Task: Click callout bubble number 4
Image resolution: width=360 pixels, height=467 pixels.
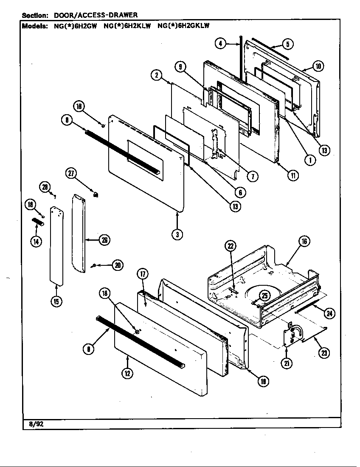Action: [220, 43]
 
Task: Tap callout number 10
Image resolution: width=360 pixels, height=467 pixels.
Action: [318, 66]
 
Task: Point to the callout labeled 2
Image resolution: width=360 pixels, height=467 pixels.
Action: [157, 76]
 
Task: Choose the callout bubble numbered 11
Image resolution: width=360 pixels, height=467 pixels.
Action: [292, 175]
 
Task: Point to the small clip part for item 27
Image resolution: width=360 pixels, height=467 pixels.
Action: [96, 194]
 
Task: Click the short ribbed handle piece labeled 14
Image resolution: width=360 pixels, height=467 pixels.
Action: [38, 222]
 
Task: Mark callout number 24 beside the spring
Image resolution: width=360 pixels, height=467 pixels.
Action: [329, 313]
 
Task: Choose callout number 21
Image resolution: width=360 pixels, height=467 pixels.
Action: [287, 364]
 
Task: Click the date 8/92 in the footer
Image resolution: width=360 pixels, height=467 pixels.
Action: [31, 423]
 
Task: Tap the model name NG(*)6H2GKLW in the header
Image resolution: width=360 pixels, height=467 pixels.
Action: [183, 25]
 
